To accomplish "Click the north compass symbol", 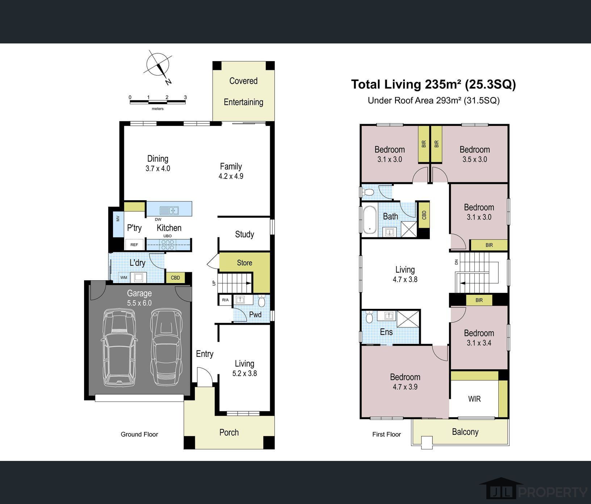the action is [159, 66].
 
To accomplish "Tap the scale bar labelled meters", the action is [158, 102].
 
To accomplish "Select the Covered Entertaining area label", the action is [243, 91].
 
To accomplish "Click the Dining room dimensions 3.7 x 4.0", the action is [158, 168].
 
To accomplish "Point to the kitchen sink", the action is [169, 210].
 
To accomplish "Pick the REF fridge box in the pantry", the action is [134, 244].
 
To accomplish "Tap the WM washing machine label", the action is [124, 278].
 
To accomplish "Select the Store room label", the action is [244, 263].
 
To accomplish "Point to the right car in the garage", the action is [165, 347].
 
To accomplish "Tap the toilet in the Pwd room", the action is [262, 301].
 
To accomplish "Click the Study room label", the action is [244, 234].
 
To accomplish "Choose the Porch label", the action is [229, 432].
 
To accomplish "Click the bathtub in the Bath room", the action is [369, 219].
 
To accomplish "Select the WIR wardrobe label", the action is [474, 399].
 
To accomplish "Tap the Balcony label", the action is [465, 432].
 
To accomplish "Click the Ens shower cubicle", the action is [408, 319].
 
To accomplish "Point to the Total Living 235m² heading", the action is [433, 84].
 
